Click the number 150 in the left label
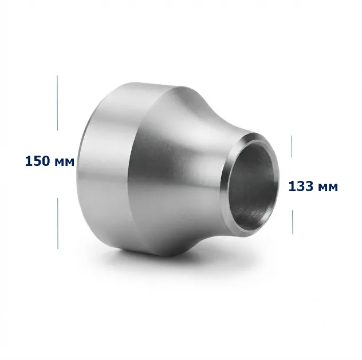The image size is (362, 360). coord(37,161)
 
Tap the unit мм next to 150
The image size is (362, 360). coord(65,163)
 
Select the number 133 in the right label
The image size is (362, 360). coord(301,186)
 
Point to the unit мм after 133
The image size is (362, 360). coord(328,188)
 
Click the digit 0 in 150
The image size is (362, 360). coord(45,161)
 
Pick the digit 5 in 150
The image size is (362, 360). coord(37,161)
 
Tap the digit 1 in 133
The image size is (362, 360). coord(292,186)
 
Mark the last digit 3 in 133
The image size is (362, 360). coord(309,186)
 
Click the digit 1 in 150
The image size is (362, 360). coord(29,161)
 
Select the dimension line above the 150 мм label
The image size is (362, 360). coord(57,103)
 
